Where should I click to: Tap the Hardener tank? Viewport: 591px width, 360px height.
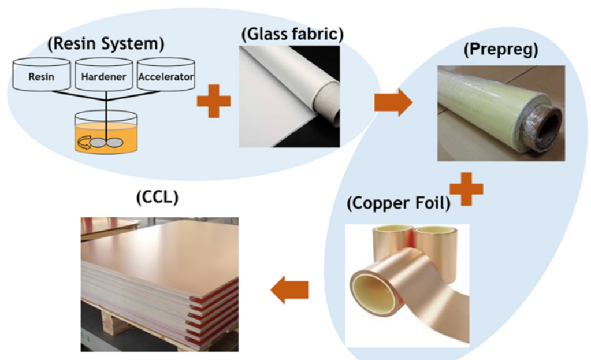pyautogui.click(x=105, y=75)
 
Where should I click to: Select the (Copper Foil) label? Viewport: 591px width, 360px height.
pyautogui.click(x=398, y=204)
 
